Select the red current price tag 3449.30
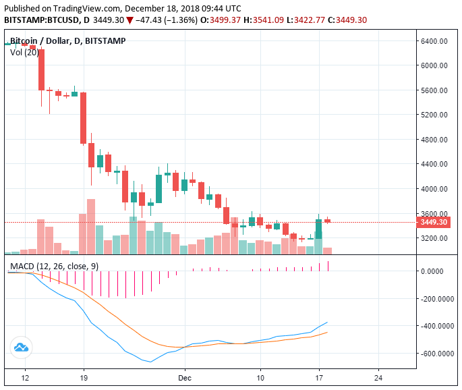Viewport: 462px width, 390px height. pyautogui.click(x=434, y=222)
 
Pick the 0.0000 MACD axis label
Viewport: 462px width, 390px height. pyautogui.click(x=434, y=271)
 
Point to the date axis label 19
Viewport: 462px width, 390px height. pyautogui.click(x=83, y=378)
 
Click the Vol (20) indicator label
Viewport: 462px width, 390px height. pyautogui.click(x=24, y=52)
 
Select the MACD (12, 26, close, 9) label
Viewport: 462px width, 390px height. pyautogui.click(x=54, y=267)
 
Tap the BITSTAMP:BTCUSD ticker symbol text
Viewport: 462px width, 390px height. pyautogui.click(x=40, y=20)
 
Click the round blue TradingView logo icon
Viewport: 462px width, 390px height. pyautogui.click(x=21, y=348)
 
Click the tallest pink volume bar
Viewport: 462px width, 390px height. pyautogui.click(x=90, y=226)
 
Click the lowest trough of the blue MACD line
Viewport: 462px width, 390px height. pyautogui.click(x=151, y=362)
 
